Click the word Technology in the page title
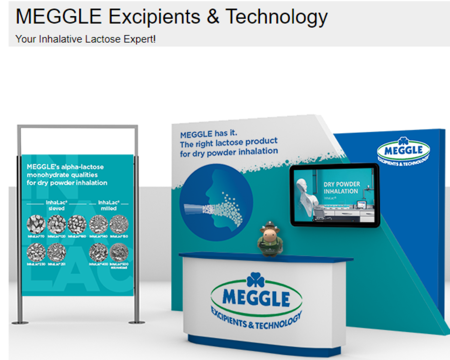pyautogui.click(x=276, y=16)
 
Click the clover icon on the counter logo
pyautogui.click(x=256, y=280)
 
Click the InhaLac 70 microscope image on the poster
pyautogui.click(x=36, y=224)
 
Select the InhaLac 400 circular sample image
pyautogui.click(x=99, y=252)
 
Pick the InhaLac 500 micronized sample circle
pyautogui.click(x=119, y=252)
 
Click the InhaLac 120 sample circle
pyautogui.click(x=57, y=224)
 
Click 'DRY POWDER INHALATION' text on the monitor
pyautogui.click(x=341, y=187)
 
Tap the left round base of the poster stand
pyautogui.click(x=20, y=322)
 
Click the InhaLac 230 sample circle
pyautogui.click(x=36, y=252)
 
